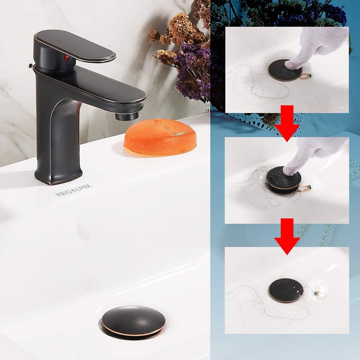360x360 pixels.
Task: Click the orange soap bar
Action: pos(160,137)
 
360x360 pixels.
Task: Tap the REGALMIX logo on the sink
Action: pos(74,190)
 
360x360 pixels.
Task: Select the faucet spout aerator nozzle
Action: pos(127,116)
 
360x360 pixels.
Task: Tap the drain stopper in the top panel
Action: pos(284,70)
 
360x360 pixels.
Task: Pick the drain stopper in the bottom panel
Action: pos(286,290)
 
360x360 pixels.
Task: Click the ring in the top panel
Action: pos(306,76)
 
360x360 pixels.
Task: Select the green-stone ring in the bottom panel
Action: pos(320,294)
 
